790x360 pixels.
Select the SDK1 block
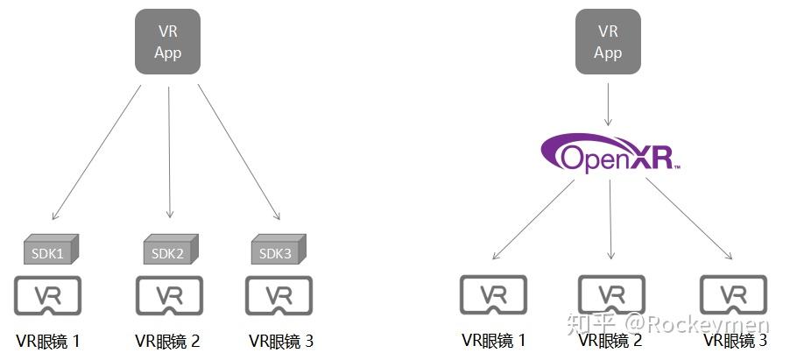[x=50, y=251]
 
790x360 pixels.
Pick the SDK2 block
[x=168, y=251]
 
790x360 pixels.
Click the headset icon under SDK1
[x=49, y=296]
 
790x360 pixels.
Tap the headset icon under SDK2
[x=168, y=296]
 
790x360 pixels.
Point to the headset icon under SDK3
[x=279, y=296]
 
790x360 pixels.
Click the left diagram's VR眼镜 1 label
[x=49, y=341]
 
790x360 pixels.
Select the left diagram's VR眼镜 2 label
[x=168, y=341]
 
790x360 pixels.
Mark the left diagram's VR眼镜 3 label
[x=280, y=341]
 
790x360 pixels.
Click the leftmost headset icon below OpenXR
[x=494, y=296]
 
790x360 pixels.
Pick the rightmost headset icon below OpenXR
[x=734, y=296]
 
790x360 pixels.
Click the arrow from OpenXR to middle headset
[x=611, y=219]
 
